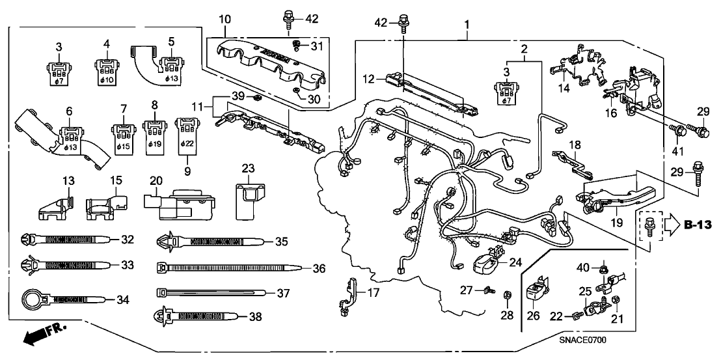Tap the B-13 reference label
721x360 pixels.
pos(698,225)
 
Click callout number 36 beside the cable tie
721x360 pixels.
pos(318,268)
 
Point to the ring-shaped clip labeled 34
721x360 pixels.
pos(33,299)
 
